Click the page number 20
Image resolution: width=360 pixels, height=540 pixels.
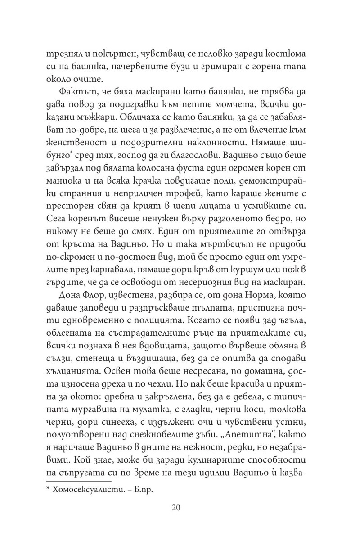(x=176, y=508)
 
